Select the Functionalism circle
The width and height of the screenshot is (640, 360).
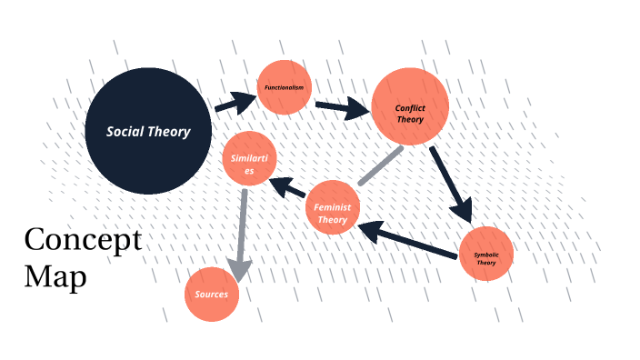click(285, 87)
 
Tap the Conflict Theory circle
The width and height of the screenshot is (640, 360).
click(410, 106)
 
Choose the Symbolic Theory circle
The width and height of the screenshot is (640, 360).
click(486, 254)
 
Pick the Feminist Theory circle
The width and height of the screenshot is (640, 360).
click(333, 208)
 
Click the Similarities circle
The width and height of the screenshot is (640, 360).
click(249, 160)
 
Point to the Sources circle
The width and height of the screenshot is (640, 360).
click(212, 295)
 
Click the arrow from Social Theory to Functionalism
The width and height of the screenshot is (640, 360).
click(235, 102)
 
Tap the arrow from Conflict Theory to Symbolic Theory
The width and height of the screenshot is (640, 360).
click(452, 183)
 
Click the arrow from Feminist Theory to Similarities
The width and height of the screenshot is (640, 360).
click(290, 188)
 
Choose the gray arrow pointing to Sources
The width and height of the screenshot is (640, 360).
click(241, 234)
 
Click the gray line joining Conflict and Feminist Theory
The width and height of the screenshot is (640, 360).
click(380, 165)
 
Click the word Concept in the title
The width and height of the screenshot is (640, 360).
click(83, 241)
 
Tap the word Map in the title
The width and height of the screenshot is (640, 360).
click(55, 275)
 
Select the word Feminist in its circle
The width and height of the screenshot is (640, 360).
click(333, 206)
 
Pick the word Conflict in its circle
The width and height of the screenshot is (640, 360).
click(410, 108)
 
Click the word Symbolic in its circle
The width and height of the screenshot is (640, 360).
click(486, 256)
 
